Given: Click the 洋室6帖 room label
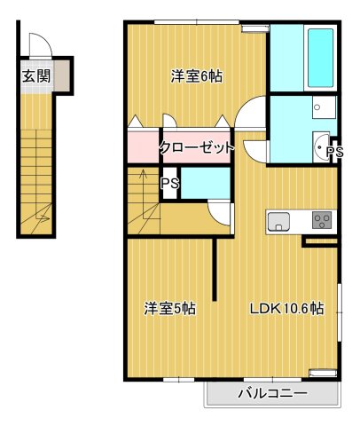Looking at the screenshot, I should tap(196, 76).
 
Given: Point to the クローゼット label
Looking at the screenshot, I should tap(197, 147).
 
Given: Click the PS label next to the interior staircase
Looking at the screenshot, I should tap(168, 184).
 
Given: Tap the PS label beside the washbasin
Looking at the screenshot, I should tap(334, 153).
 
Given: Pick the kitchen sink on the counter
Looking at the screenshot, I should tap(278, 220).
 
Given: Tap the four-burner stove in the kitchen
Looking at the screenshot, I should tap(321, 220).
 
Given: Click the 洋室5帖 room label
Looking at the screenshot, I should tap(170, 310).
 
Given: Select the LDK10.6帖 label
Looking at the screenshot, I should tap(285, 310).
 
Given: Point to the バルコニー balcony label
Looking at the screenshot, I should tap(272, 393).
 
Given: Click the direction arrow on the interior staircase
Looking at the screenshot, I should tap(142, 191).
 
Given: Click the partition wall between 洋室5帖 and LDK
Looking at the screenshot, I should tap(215, 270).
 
